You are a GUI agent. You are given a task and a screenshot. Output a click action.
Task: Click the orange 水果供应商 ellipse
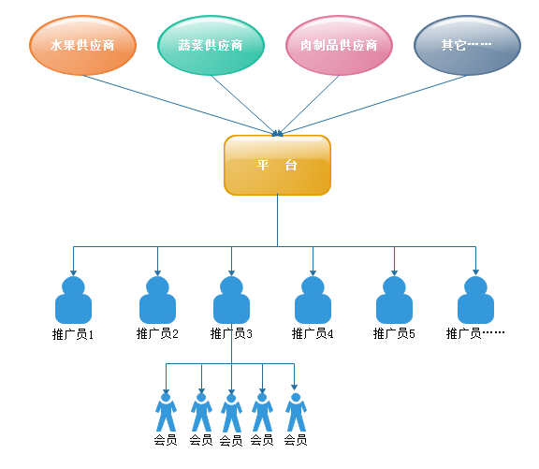82,45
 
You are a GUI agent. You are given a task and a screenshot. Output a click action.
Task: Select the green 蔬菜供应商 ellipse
211,45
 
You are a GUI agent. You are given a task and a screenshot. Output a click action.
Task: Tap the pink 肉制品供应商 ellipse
339,45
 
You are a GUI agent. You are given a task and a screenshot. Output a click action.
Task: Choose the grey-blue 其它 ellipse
467,45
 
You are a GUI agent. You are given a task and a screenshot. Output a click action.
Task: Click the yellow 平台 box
277,165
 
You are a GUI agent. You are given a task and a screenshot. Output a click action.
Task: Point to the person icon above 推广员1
73,300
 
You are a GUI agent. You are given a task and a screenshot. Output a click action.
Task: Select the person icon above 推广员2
157,300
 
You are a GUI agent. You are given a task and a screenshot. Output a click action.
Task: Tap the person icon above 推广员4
313,300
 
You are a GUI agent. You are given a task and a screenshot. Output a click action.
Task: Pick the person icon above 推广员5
394,300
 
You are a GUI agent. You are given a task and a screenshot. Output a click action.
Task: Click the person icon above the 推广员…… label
475,300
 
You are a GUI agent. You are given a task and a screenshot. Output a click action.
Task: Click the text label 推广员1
73,334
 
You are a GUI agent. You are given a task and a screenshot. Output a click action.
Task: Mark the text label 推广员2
157,333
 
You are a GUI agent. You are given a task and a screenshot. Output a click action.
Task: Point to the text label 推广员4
313,333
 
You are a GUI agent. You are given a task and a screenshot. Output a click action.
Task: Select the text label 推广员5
394,333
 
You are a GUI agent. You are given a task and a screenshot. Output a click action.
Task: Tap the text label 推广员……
475,333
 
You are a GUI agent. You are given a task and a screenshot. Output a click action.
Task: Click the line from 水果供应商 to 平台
180,105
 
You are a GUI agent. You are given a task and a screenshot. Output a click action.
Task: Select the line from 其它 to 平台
372,105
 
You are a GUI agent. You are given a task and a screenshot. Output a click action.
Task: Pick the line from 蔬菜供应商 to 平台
245,105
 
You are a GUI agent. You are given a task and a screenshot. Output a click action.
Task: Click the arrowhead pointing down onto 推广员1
73,273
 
